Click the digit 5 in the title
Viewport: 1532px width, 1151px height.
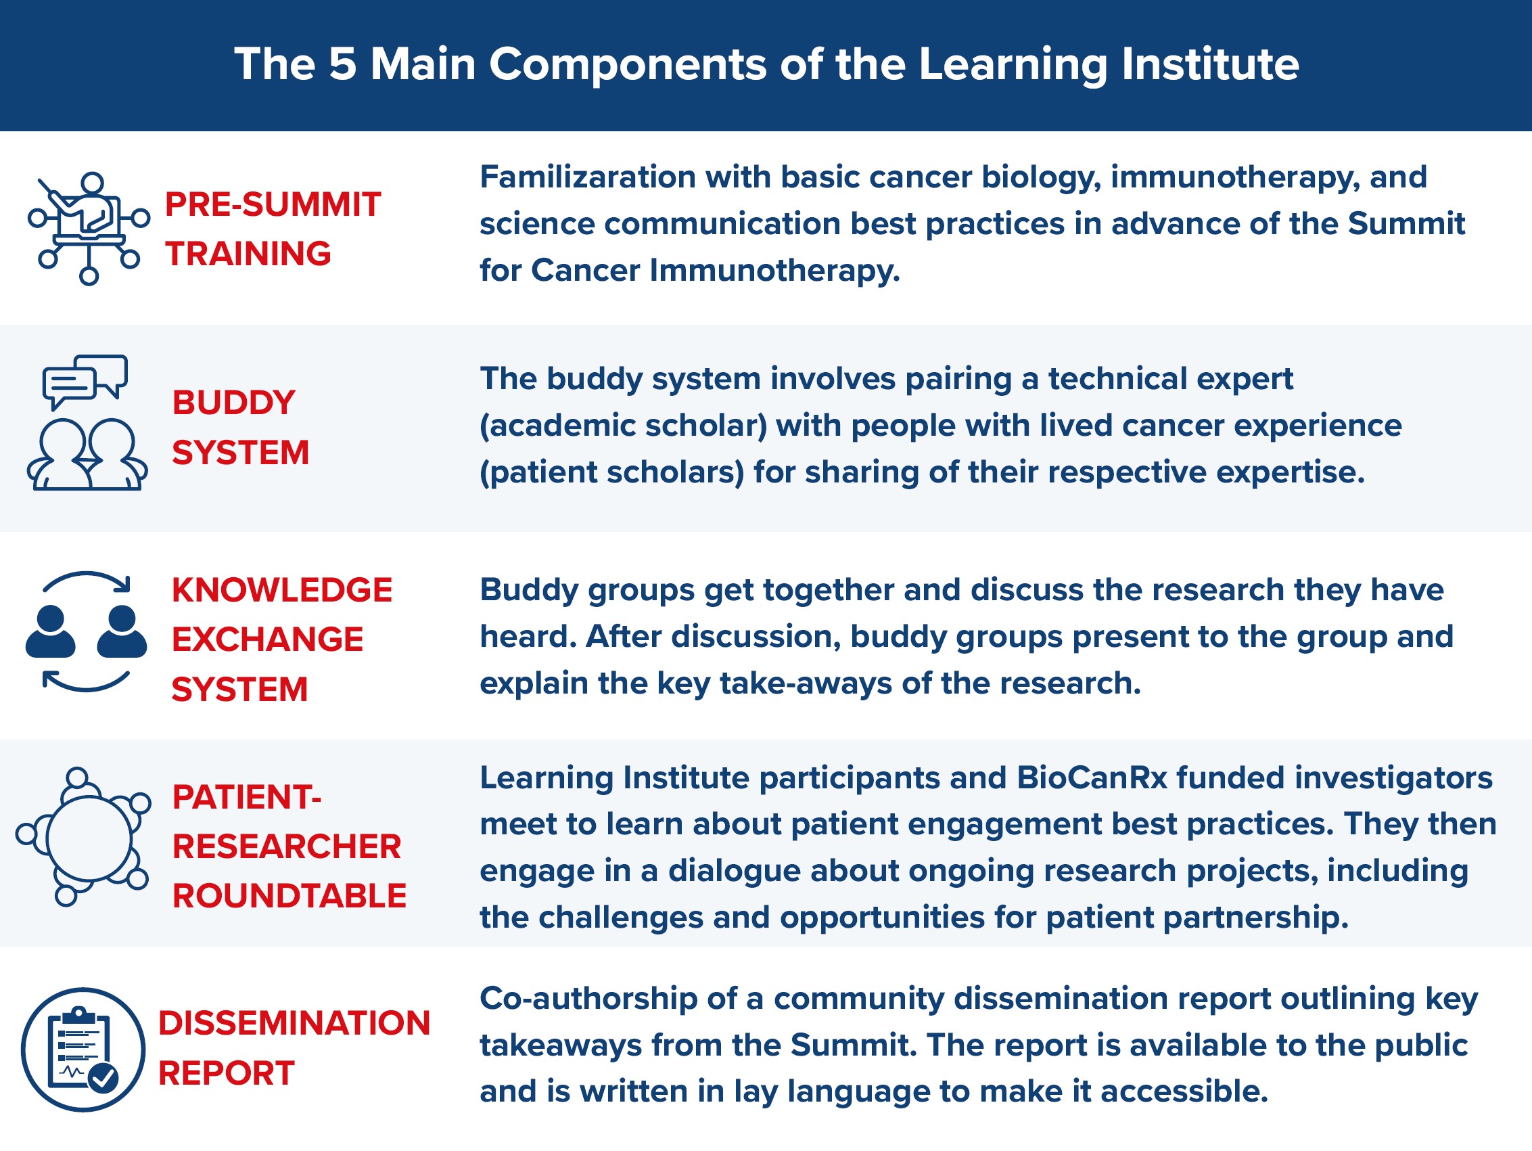tap(343, 64)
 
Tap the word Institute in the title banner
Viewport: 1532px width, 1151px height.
tap(1210, 64)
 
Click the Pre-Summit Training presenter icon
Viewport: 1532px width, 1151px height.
tap(89, 228)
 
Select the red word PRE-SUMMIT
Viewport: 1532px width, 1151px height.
tap(273, 204)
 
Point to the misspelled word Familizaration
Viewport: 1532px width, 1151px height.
tap(587, 177)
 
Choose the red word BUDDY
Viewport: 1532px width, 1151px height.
tap(233, 403)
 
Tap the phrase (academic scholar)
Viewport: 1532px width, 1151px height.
tap(624, 426)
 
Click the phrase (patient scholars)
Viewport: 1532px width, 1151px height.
tap(611, 472)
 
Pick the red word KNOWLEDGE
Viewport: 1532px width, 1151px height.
tap(282, 591)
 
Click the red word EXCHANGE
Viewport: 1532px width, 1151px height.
tap(267, 639)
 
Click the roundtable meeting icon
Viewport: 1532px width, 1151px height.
tap(84, 836)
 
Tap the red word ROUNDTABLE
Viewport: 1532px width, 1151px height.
tap(289, 896)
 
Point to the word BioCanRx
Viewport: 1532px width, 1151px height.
tap(1092, 777)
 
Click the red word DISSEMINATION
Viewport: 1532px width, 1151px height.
tap(294, 1024)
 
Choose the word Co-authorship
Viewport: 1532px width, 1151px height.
tap(588, 999)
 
